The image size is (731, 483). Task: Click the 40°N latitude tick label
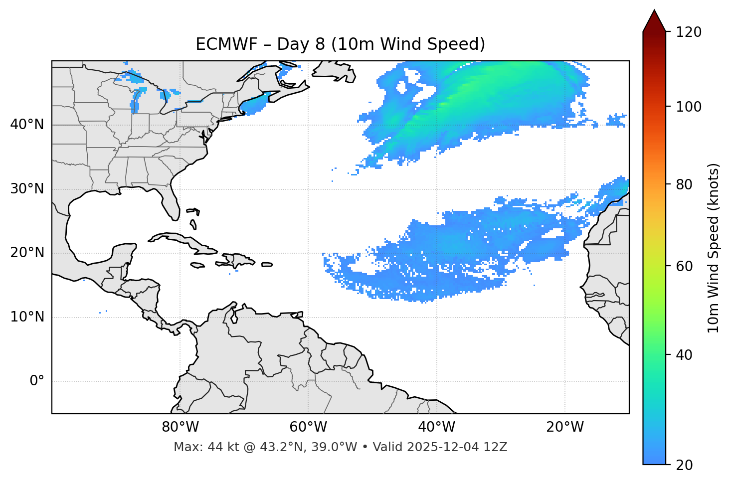pyautogui.click(x=27, y=125)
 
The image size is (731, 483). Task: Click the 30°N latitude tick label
pyautogui.click(x=27, y=189)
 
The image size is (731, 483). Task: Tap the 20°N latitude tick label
pyautogui.click(x=27, y=253)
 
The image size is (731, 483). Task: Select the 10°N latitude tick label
pyautogui.click(x=27, y=317)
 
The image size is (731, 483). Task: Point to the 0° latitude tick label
pyautogui.click(x=37, y=381)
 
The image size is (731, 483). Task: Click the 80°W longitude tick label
pyautogui.click(x=180, y=427)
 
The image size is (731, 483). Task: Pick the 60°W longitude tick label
pyautogui.click(x=308, y=427)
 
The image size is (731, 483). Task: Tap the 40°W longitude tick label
pyautogui.click(x=436, y=427)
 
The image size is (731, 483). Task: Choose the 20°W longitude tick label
pyautogui.click(x=564, y=427)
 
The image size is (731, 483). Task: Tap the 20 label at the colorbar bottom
pyautogui.click(x=684, y=465)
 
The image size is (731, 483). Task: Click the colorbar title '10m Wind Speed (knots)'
pyautogui.click(x=714, y=248)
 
